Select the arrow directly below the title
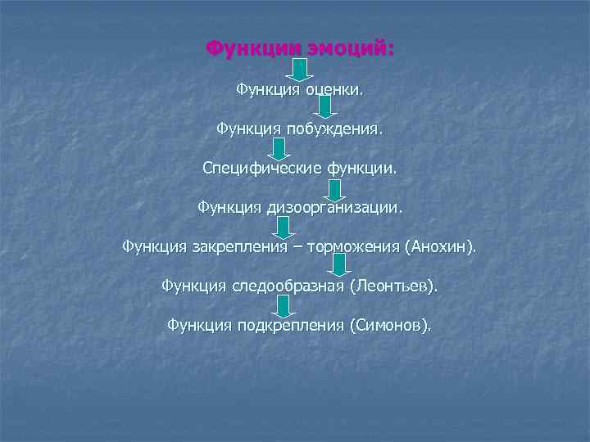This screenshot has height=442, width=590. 301,70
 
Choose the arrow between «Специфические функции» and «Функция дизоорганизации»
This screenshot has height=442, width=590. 334,189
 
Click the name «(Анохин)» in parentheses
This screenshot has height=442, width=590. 438,246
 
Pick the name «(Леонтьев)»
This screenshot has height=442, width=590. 394,286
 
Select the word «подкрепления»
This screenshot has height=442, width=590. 290,325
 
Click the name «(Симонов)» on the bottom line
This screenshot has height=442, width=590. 389,325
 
